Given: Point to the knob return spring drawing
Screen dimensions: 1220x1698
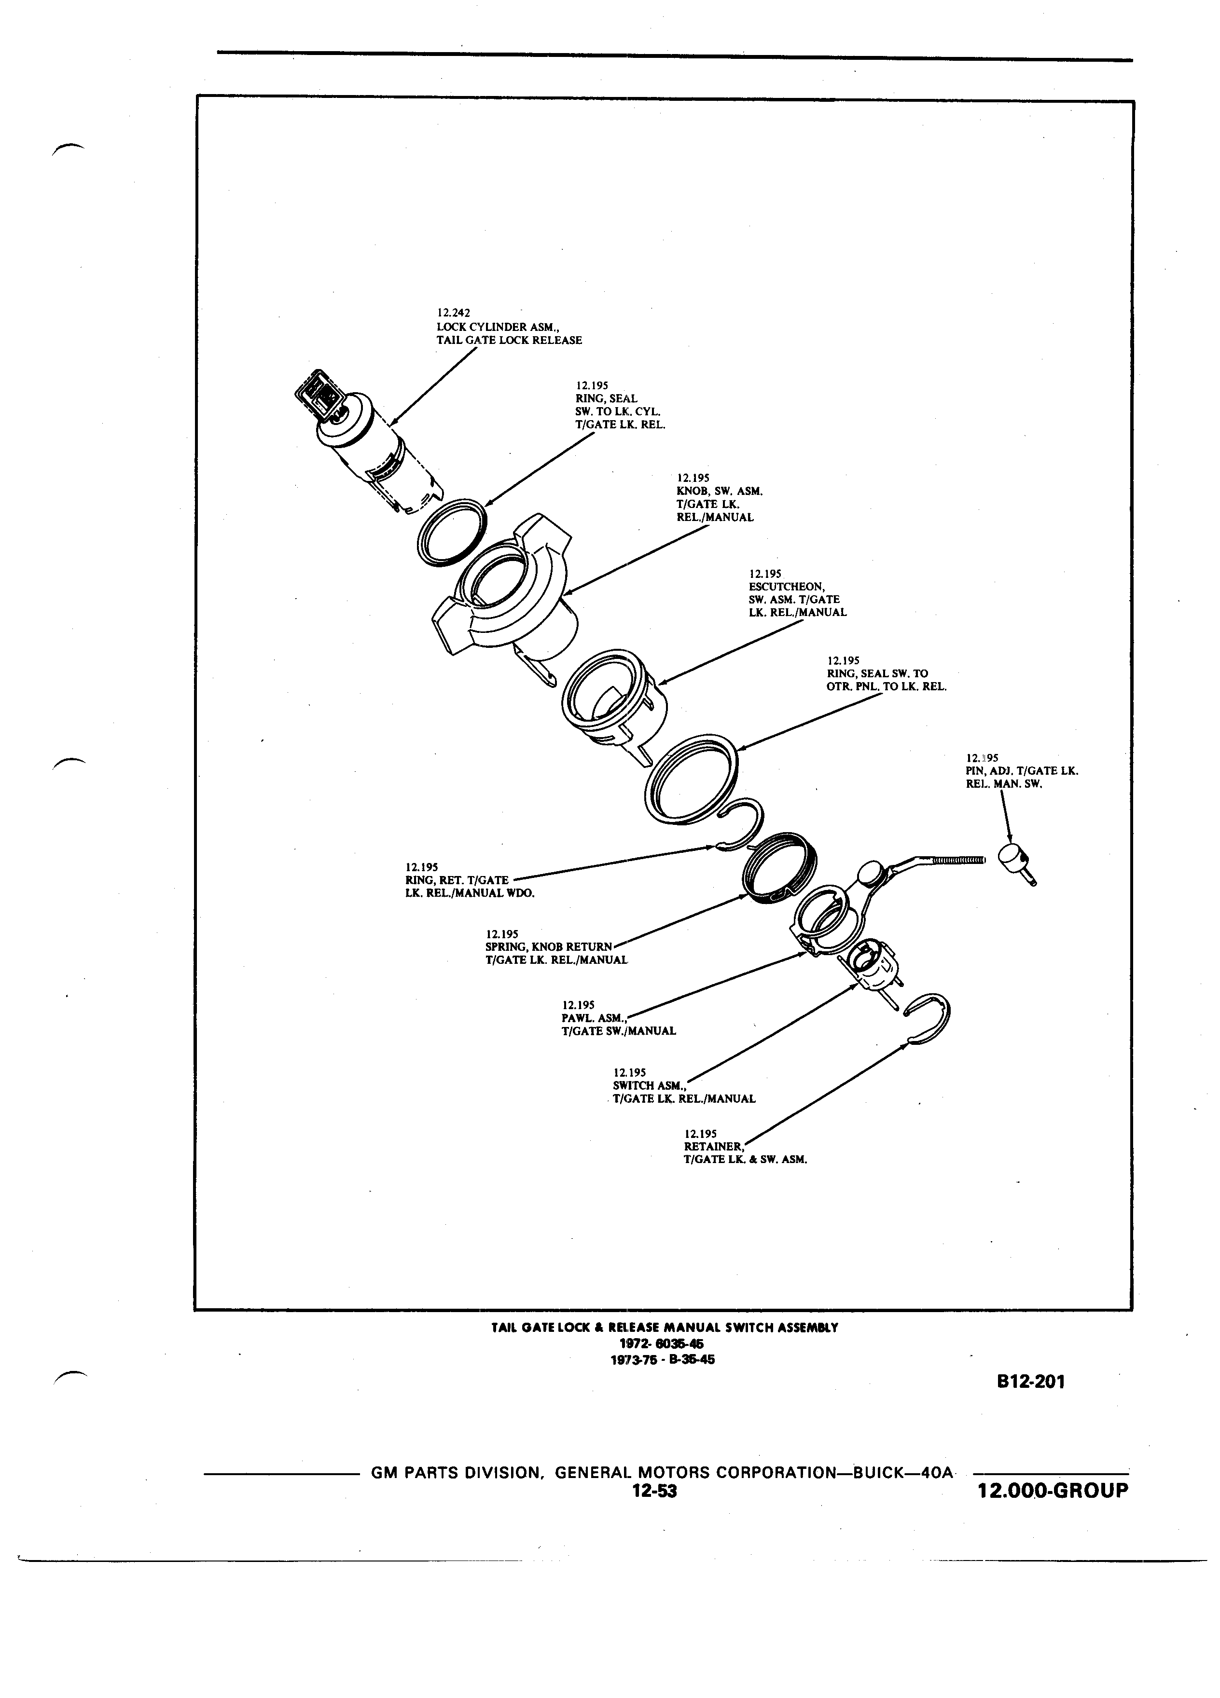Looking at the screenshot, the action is coord(779,868).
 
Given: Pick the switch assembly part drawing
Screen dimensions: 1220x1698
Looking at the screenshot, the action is coord(873,970).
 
